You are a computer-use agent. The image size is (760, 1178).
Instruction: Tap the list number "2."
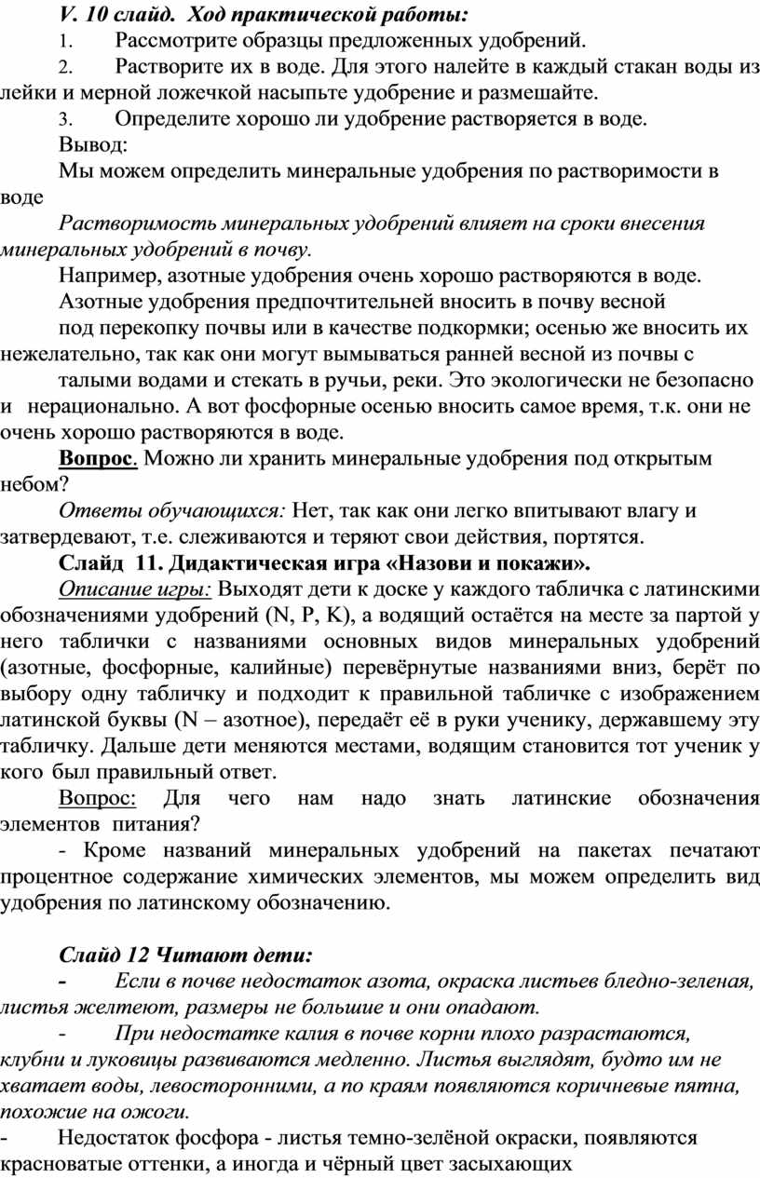click(63, 68)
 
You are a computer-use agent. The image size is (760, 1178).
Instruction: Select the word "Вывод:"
click(94, 145)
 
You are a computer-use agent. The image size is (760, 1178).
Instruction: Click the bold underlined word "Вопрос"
click(98, 458)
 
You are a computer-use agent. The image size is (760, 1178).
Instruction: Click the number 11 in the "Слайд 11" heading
click(147, 563)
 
